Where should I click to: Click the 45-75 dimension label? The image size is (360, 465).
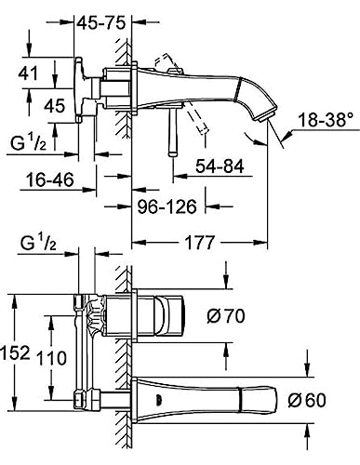[101, 23]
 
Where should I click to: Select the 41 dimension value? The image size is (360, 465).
[28, 73]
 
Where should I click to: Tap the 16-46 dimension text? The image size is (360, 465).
[50, 179]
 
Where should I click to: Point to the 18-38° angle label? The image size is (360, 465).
[326, 120]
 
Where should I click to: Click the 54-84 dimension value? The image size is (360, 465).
[220, 166]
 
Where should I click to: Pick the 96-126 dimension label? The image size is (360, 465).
[167, 206]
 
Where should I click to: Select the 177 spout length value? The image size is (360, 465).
[200, 242]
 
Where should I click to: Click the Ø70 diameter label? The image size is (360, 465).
[226, 316]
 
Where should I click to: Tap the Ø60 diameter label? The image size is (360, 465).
[307, 400]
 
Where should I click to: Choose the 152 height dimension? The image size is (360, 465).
[16, 352]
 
